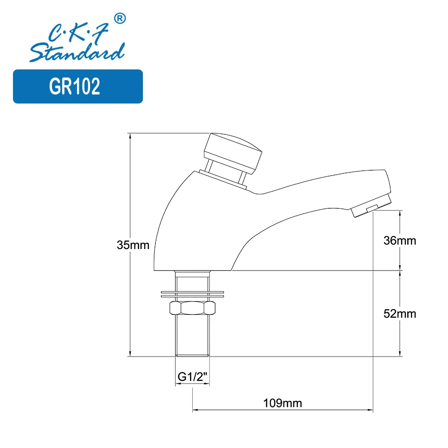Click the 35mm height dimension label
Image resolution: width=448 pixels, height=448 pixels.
tap(133, 245)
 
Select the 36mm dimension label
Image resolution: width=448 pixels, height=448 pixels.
tap(400, 241)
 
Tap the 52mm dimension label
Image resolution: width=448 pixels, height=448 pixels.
tap(400, 314)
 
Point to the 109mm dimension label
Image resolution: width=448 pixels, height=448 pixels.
tap(283, 403)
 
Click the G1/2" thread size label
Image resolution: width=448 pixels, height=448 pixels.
tap(192, 377)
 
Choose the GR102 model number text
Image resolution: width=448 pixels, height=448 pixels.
tap(74, 86)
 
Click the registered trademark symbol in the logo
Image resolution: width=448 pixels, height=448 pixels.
tap(120, 18)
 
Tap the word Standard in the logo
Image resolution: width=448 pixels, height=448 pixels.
tap(77, 52)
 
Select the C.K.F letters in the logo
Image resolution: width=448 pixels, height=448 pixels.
tap(79, 32)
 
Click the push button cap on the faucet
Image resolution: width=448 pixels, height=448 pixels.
tap(233, 153)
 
